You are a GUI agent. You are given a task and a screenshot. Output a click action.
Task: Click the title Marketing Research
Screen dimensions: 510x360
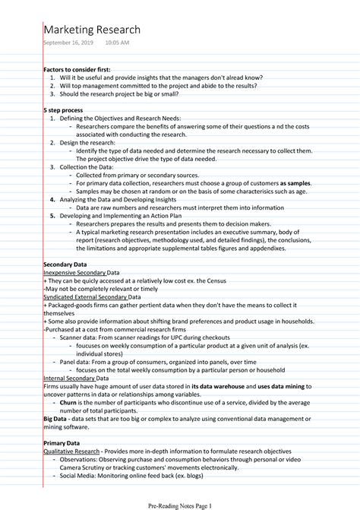[92, 30]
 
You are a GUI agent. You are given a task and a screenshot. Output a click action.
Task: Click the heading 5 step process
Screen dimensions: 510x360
[64, 109]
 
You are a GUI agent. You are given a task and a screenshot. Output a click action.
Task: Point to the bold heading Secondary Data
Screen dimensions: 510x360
[65, 264]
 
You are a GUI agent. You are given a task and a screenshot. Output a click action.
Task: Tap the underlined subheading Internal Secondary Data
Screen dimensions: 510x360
[76, 378]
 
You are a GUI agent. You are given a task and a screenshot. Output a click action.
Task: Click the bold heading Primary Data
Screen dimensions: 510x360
[62, 442]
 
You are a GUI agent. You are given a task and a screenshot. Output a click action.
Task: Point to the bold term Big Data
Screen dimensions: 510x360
[55, 418]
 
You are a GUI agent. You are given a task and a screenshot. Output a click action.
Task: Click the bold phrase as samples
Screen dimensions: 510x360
[296, 183]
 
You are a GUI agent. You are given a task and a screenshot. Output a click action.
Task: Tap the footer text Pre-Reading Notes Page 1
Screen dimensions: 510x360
[179, 505]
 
